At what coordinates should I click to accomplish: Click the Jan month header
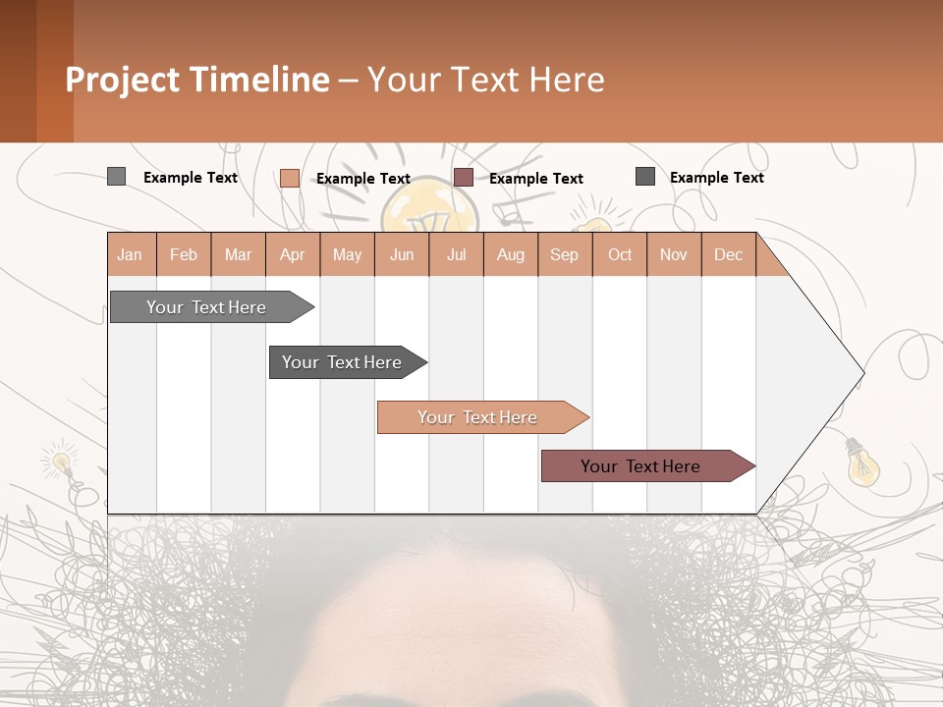[x=130, y=255]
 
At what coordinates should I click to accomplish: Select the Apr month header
[x=293, y=255]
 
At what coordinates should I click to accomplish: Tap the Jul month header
[x=456, y=255]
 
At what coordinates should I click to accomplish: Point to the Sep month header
[x=564, y=255]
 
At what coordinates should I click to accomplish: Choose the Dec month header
[x=728, y=255]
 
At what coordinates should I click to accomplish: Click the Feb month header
[x=184, y=255]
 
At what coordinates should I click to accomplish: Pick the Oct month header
[x=620, y=255]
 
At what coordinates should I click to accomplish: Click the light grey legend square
[x=116, y=177]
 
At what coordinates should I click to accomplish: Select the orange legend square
[x=290, y=178]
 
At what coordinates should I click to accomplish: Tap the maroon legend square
[x=464, y=178]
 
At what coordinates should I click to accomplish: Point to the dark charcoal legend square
[x=645, y=177]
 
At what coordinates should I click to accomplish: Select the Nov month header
[x=674, y=255]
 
